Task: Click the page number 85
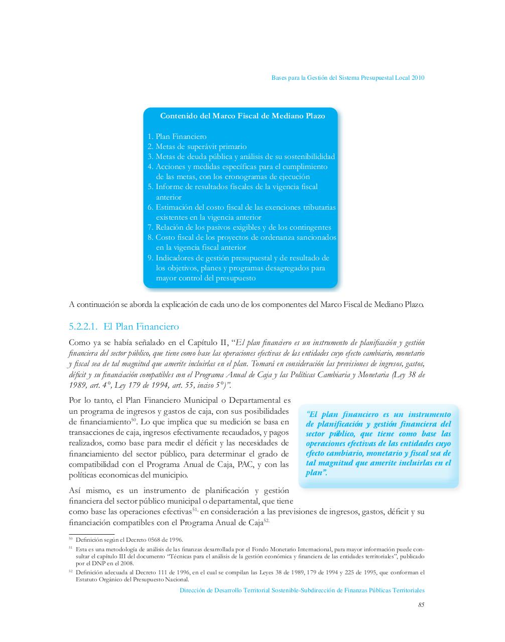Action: point(421,605)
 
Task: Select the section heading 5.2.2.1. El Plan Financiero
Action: point(123,327)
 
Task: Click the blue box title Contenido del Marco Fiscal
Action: point(242,116)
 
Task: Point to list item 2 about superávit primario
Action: point(197,146)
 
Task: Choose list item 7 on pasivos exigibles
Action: point(239,227)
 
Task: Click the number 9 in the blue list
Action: point(150,258)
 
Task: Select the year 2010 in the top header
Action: point(417,78)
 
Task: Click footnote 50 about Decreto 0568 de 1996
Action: point(129,539)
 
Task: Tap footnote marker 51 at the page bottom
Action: point(70,548)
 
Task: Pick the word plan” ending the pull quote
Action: point(317,472)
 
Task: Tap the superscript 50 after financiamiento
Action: point(134,420)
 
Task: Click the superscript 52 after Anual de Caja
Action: point(267,520)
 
